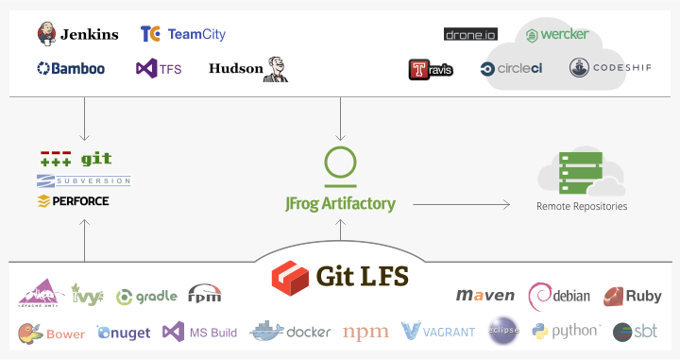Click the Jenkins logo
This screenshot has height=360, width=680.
point(78,35)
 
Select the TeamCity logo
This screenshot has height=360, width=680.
point(182,35)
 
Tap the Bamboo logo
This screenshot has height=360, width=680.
point(71,69)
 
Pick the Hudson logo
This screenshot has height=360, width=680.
point(248,68)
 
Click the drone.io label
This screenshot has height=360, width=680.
point(469,34)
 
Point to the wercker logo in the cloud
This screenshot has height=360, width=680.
point(557,35)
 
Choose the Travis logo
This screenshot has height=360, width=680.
point(431,69)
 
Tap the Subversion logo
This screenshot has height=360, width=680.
point(84,180)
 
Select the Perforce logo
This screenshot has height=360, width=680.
point(73,201)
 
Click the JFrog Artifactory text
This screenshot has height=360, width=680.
point(340,203)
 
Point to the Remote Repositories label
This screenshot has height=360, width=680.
point(581,206)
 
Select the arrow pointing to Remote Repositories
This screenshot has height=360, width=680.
point(461,203)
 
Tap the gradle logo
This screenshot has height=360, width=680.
point(146,296)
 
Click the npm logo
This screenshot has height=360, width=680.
point(365,332)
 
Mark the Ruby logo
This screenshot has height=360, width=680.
point(632,296)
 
